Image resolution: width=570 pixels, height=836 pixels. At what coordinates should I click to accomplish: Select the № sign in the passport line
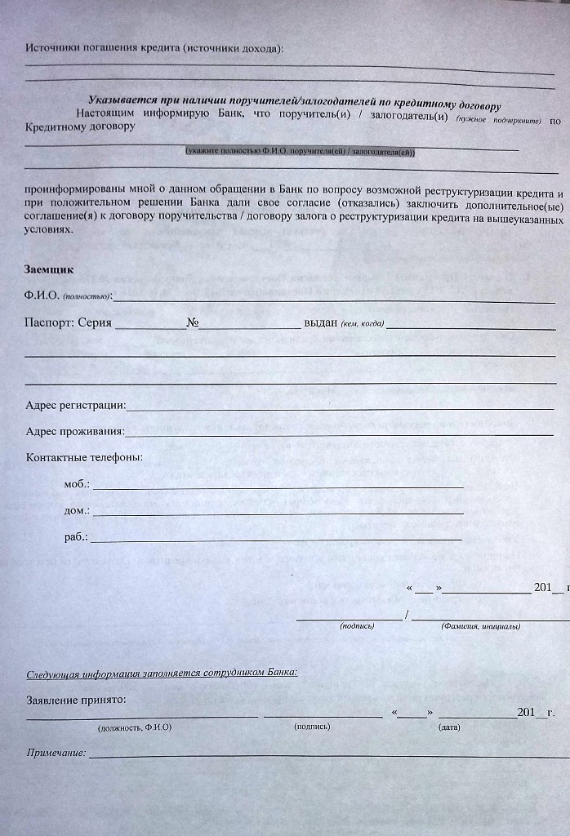pyautogui.click(x=193, y=322)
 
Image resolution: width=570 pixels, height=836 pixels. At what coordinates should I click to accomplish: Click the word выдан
pyautogui.click(x=320, y=322)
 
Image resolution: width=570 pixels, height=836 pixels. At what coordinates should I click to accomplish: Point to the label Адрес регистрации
pyautogui.click(x=75, y=405)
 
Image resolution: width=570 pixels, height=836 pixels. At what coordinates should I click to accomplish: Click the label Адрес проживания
pyautogui.click(x=75, y=431)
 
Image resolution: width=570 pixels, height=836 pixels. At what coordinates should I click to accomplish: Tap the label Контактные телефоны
pyautogui.click(x=84, y=457)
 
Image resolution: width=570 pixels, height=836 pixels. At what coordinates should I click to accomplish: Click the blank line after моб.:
pyautogui.click(x=278, y=487)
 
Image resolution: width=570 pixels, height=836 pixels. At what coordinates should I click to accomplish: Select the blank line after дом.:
pyautogui.click(x=278, y=513)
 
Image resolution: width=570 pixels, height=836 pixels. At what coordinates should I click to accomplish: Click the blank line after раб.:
pyautogui.click(x=278, y=540)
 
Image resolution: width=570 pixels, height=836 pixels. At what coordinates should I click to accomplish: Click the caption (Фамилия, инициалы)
pyautogui.click(x=480, y=626)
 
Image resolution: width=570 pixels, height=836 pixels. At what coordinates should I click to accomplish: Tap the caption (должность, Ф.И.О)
pyautogui.click(x=135, y=726)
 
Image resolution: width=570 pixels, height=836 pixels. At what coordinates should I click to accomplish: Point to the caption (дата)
pyautogui.click(x=449, y=726)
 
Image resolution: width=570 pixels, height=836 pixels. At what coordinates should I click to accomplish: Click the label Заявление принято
pyautogui.click(x=76, y=700)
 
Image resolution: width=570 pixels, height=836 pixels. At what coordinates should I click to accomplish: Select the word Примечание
pyautogui.click(x=56, y=753)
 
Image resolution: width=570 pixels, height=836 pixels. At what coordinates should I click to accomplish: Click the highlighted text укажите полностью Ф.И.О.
pyautogui.click(x=301, y=152)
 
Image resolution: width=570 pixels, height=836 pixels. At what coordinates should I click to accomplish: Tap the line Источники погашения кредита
pyautogui.click(x=155, y=49)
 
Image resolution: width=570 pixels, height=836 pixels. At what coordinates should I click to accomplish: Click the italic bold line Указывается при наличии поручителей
pyautogui.click(x=294, y=100)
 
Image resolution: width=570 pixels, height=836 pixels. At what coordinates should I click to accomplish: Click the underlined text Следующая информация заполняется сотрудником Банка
pyautogui.click(x=162, y=674)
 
